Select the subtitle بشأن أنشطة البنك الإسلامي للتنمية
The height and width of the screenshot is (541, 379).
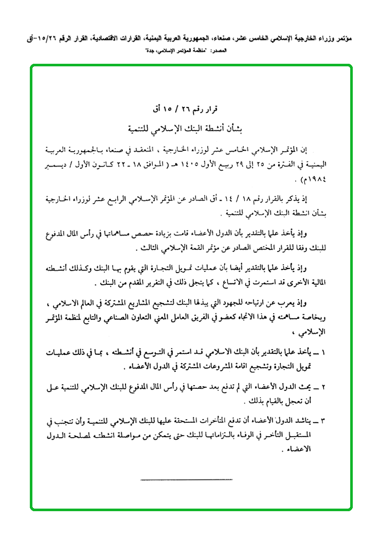[190, 127]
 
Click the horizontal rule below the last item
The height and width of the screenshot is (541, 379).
[186, 479]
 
